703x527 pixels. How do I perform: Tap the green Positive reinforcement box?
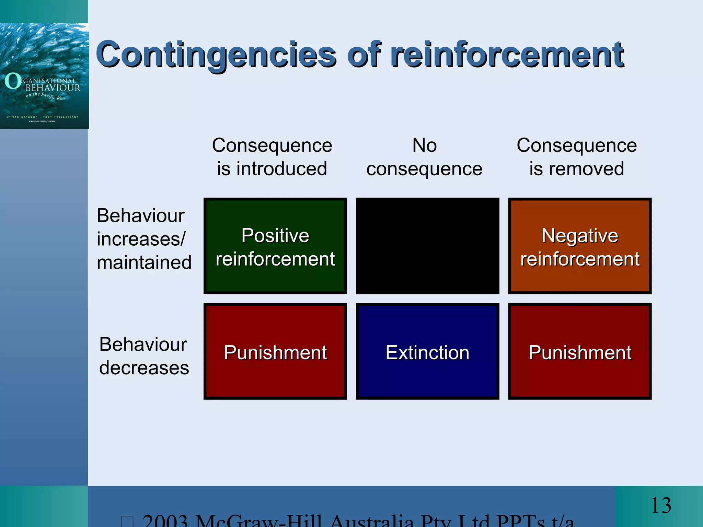coord(275,246)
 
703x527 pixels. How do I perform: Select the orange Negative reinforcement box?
coord(580,246)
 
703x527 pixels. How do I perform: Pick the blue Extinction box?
coord(427,351)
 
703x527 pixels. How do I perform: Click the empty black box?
coord(427,246)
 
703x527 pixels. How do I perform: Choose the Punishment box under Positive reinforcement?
coord(275,351)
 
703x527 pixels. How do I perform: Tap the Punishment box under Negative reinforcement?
coord(580,351)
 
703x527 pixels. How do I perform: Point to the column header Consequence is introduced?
coord(272,157)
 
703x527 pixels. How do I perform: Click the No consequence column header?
coord(424,157)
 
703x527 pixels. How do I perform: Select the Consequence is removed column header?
coord(577,157)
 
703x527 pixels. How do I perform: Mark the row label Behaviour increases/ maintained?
coord(144,239)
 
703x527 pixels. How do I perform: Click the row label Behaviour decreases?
coord(144,356)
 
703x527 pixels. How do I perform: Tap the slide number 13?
coord(661,505)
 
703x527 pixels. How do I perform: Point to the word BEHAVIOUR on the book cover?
coord(53,88)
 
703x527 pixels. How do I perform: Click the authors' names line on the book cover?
coord(42,117)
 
